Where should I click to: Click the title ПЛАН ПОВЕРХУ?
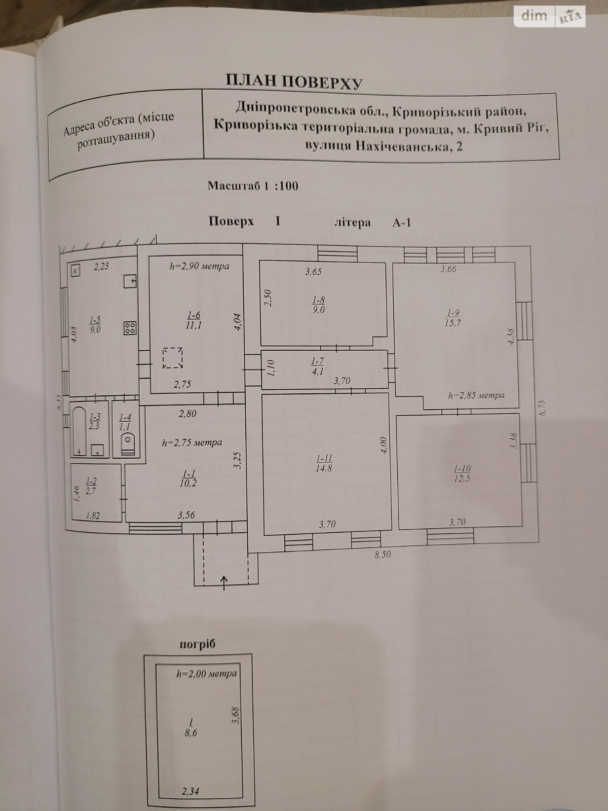tap(294, 81)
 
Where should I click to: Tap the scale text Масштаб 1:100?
tap(253, 186)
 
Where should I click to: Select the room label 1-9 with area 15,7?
tap(452, 318)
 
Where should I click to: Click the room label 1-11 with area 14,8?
tap(324, 463)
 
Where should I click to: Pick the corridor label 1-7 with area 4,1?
tap(317, 365)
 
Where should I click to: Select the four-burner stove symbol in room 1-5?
tap(130, 328)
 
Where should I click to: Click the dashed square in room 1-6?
tap(172, 358)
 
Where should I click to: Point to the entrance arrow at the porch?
tap(224, 582)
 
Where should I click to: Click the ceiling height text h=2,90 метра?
tap(199, 266)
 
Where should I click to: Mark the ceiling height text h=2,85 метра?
tap(476, 395)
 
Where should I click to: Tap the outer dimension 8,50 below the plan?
tap(383, 555)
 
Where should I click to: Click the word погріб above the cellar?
tap(198, 644)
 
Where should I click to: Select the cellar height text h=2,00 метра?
tap(206, 674)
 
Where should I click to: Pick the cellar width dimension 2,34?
tap(191, 791)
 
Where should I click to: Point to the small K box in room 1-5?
tap(75, 270)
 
